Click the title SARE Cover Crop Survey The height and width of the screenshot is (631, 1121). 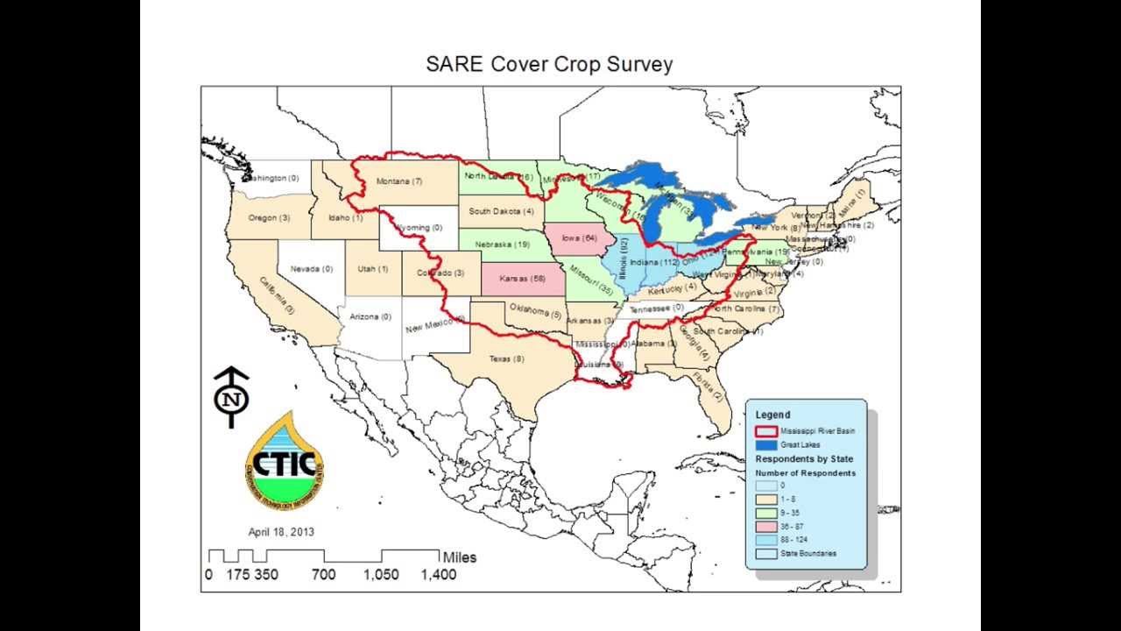549,64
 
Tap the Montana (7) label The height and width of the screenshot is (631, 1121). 398,181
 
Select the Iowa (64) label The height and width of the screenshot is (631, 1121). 580,237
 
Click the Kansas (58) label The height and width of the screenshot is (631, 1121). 522,279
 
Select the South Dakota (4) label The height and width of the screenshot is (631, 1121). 501,211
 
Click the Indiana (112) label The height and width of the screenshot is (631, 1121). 655,262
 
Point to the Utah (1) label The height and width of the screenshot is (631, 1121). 371,269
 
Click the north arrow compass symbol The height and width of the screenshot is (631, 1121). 232,397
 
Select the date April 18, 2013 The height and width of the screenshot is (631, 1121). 281,532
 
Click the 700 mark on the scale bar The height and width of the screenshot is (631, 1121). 323,575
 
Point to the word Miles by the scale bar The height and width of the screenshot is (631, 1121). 460,557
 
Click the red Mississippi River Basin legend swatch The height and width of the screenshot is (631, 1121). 765,431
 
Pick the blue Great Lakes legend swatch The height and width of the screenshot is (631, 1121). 765,445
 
